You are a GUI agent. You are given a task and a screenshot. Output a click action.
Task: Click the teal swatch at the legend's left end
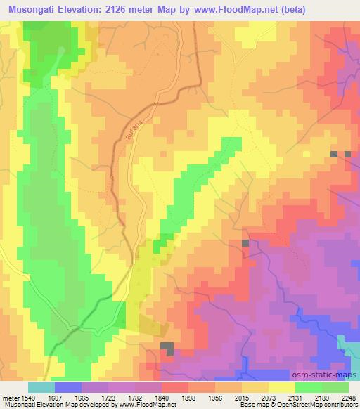(41, 387)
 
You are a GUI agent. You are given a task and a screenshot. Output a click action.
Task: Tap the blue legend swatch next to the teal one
(67, 387)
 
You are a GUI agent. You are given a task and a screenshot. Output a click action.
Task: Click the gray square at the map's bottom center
(168, 349)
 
